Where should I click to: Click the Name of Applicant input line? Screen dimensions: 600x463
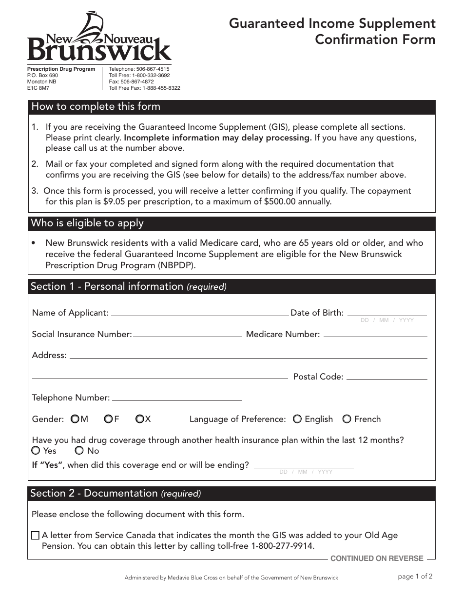coord(200,312)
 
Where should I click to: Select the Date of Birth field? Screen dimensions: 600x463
coord(387,312)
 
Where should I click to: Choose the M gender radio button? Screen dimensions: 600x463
coord(75,419)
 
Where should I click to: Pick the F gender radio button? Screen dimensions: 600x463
coord(108,419)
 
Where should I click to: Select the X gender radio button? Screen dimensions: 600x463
coord(140,419)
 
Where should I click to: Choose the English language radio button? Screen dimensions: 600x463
coord(297,419)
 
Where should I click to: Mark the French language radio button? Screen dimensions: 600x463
coord(347,419)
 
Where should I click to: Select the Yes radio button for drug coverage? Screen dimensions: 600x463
coord(36,450)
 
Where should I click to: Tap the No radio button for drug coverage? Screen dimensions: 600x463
coord(79,450)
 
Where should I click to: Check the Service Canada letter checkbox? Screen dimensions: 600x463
coord(35,536)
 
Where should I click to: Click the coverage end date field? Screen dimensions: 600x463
coord(304,464)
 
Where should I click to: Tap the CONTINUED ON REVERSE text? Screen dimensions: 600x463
coord(377,559)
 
